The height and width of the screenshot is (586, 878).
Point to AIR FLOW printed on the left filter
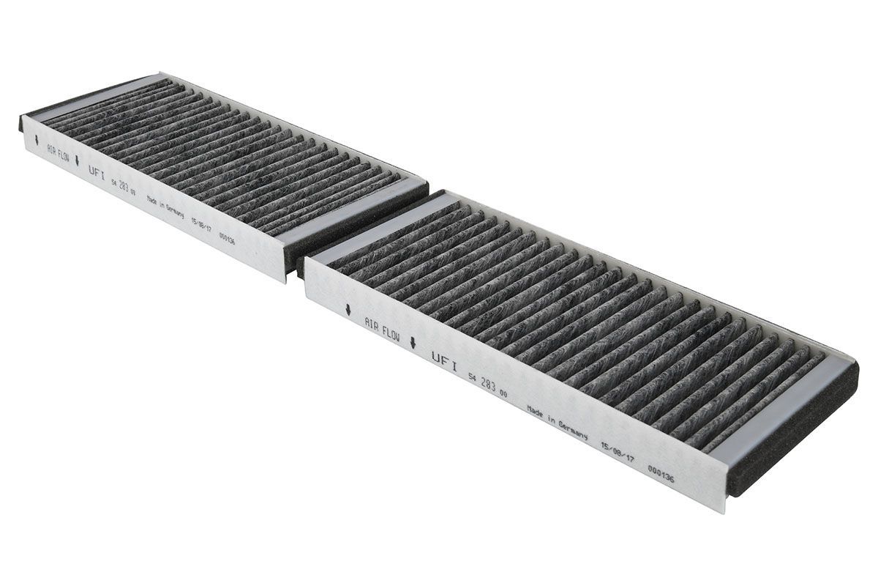59,155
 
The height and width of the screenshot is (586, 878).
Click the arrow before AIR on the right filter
348,308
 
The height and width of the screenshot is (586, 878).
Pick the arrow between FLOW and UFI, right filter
414,342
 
